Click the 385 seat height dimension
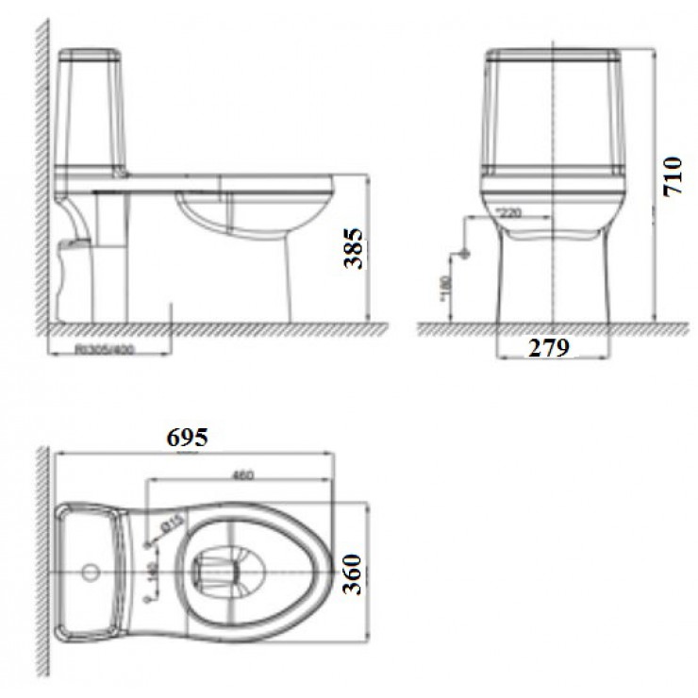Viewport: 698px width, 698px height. point(353,248)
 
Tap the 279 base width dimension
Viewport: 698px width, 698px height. point(549,348)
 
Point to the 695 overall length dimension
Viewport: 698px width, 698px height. point(187,437)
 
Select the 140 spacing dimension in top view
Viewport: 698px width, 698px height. point(150,572)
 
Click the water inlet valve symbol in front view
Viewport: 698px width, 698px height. point(463,253)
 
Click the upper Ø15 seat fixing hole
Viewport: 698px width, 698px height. point(148,544)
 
